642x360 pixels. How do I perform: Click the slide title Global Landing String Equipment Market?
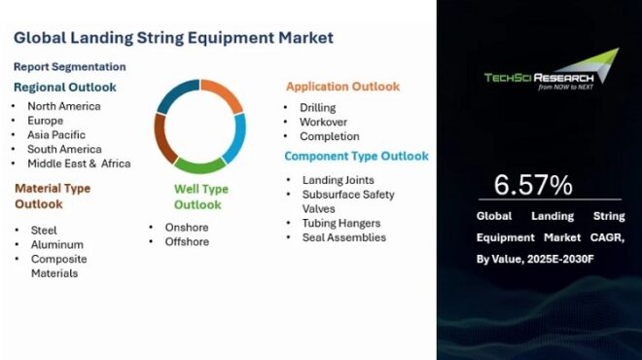[x=173, y=38]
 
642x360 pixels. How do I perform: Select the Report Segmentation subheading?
[x=69, y=67]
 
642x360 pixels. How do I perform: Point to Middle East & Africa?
[x=79, y=163]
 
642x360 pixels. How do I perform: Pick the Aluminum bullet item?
[x=56, y=244]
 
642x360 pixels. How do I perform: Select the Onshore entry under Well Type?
[x=179, y=227]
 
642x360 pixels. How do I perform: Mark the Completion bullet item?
[x=329, y=136]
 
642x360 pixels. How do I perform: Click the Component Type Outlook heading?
[x=356, y=156]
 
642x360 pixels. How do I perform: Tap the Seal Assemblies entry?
[x=343, y=237]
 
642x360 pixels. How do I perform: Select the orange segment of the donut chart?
[x=223, y=95]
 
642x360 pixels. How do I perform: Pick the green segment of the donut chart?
[x=200, y=163]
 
